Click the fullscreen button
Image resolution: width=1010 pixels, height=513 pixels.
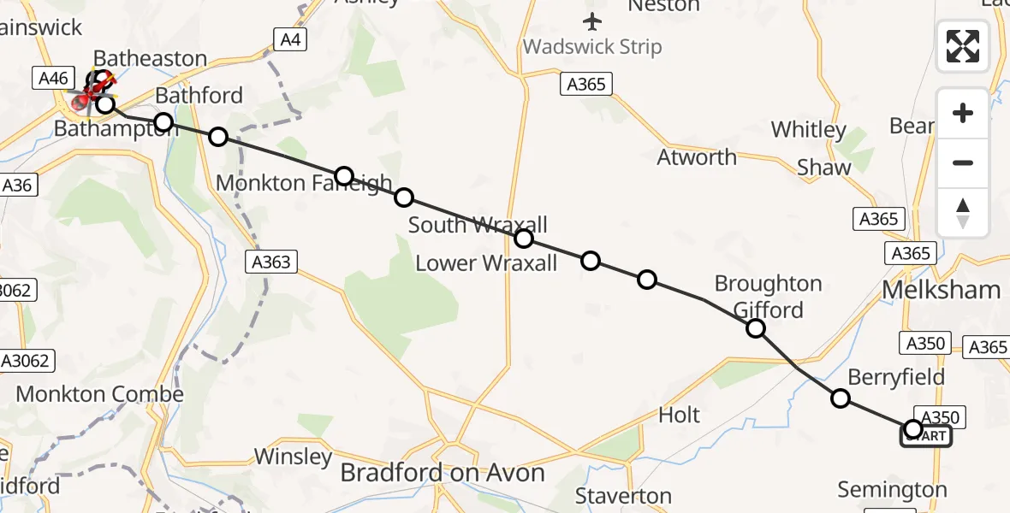coord(963,46)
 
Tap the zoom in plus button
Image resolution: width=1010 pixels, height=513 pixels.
coord(963,113)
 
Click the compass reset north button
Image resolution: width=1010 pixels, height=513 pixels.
coord(963,213)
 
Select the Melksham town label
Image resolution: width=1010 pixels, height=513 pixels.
coord(941,290)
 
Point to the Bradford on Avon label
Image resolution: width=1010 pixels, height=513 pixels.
coord(443,473)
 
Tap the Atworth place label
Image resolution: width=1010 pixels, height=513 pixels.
coord(697,157)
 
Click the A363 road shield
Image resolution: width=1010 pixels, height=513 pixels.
coord(271,262)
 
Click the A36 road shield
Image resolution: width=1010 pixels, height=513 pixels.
coord(16,185)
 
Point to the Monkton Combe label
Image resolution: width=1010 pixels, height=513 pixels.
coord(100,394)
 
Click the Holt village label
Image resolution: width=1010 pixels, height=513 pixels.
coord(679,416)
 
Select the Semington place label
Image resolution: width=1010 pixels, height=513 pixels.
coord(892,490)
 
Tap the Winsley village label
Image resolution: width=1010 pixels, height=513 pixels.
coord(293,457)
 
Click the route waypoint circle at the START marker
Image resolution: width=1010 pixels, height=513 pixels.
coord(912,429)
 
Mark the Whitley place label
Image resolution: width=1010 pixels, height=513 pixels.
coord(809,130)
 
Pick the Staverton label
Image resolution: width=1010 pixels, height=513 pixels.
coord(623,496)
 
